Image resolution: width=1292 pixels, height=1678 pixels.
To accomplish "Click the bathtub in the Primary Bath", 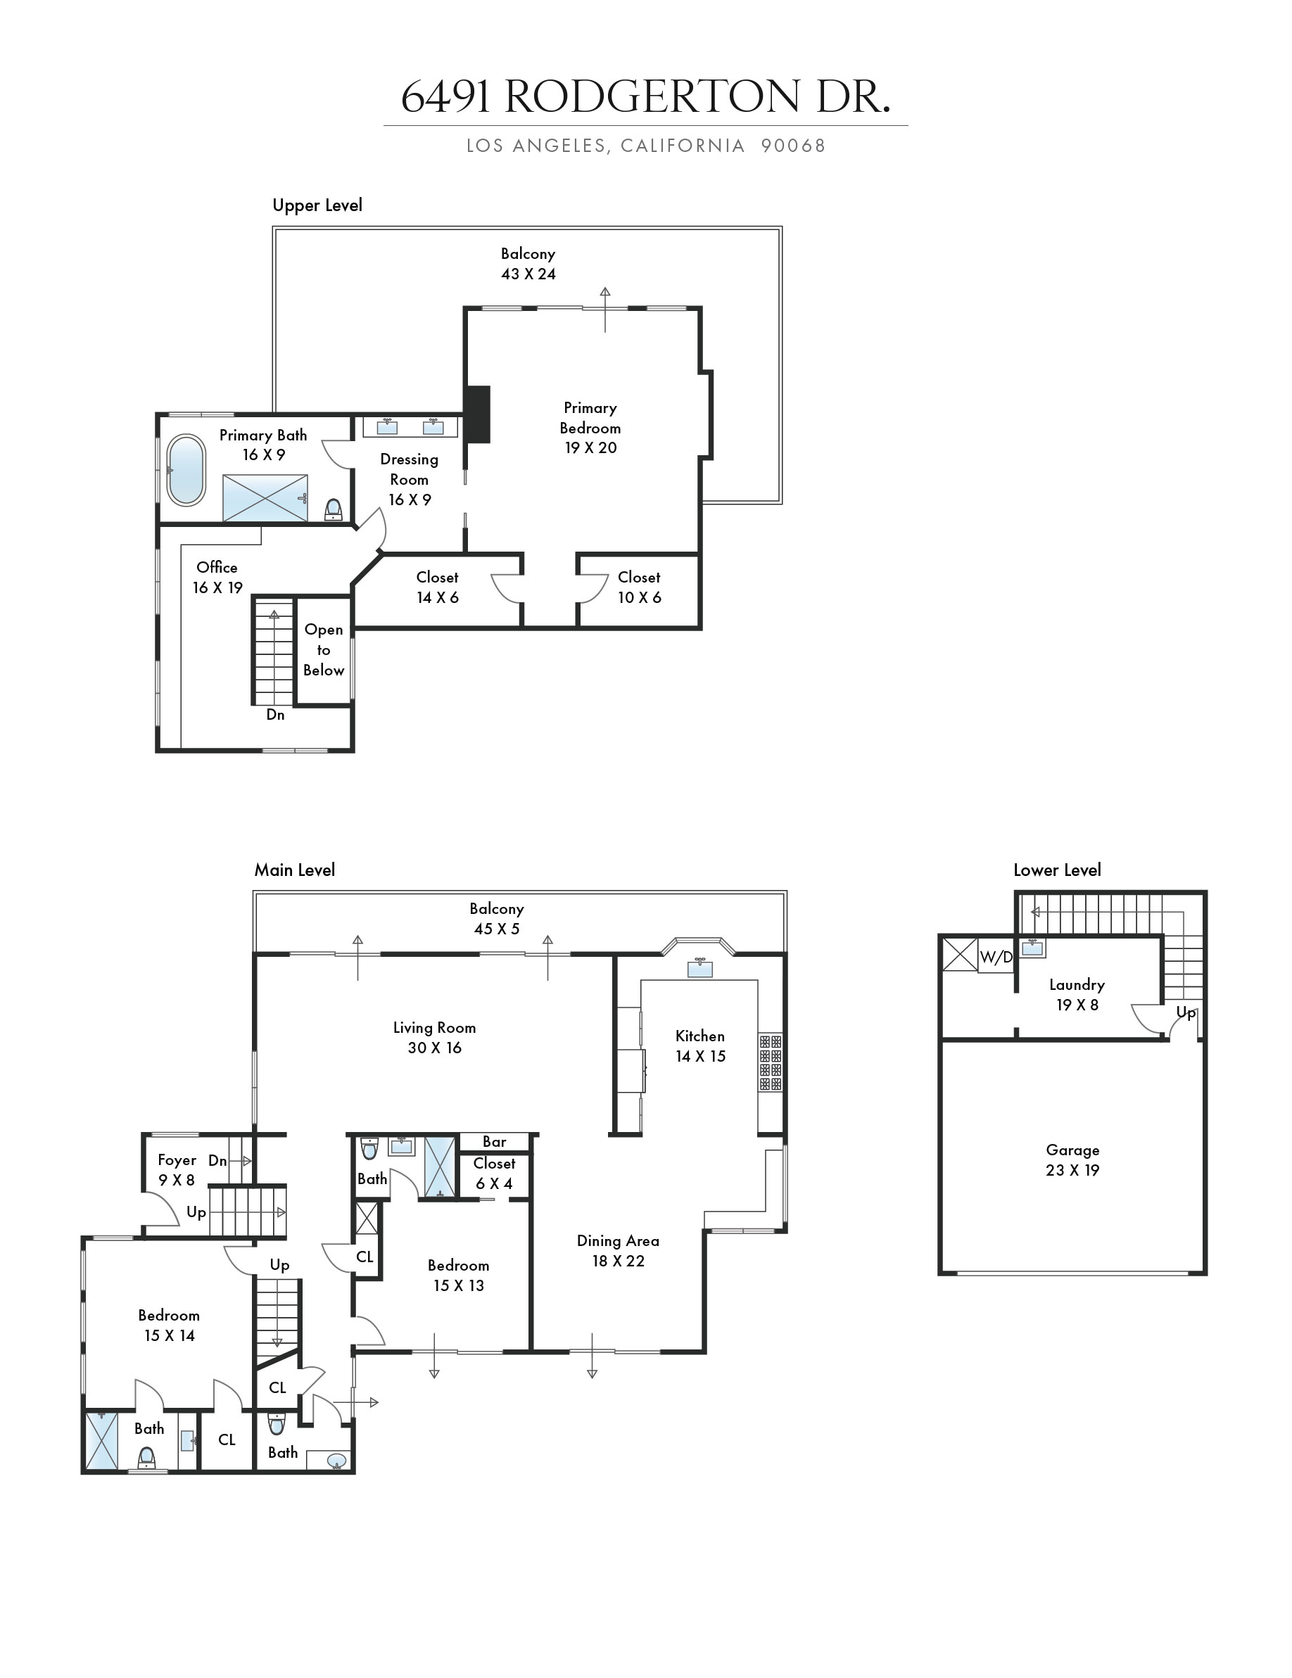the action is [186, 470].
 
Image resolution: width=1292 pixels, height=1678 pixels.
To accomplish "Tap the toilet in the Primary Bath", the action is [334, 509].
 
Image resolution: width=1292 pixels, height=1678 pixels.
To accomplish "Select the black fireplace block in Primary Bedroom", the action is [477, 414].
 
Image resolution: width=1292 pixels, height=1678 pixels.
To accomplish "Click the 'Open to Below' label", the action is [324, 650].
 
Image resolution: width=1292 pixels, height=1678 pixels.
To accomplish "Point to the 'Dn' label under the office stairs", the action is [275, 716].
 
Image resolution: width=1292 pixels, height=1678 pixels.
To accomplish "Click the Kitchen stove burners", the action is [770, 1062].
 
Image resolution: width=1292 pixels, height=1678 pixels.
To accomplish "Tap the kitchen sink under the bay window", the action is [700, 968].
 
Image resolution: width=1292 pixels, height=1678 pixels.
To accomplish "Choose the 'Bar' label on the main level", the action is [494, 1143].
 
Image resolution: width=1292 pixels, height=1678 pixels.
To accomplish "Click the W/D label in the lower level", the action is [996, 958].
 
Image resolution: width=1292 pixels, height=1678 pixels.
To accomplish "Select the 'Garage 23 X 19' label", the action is [1072, 1160].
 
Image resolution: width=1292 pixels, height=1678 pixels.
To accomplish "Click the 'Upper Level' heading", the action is [317, 206].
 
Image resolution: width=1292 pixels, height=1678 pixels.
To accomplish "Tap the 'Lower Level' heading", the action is [1057, 870].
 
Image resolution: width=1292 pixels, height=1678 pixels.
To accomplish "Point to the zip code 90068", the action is [793, 146].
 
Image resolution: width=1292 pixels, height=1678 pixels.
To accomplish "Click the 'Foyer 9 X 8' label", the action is [177, 1170].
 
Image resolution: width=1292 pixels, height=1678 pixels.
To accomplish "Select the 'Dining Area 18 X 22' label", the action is [618, 1251].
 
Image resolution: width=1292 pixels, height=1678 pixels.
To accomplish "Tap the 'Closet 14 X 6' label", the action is [437, 587].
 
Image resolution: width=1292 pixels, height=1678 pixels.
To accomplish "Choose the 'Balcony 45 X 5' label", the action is [497, 919].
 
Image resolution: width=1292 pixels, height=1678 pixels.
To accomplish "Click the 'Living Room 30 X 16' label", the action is [434, 1038].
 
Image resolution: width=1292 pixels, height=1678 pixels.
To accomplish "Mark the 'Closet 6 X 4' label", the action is [494, 1174].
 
